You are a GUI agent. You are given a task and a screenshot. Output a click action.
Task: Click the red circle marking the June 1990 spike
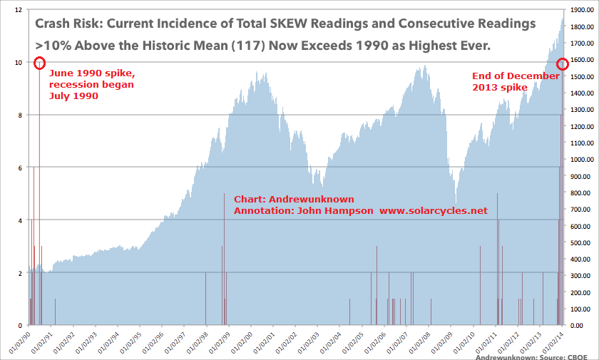tap(39, 63)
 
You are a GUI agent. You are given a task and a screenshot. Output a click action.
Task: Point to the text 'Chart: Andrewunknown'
tap(294, 199)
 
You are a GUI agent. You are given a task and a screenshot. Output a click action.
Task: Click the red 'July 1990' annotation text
tap(73, 97)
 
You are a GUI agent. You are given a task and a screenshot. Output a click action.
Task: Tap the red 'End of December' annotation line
tap(516, 76)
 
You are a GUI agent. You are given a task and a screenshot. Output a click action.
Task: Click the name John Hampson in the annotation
tap(336, 211)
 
